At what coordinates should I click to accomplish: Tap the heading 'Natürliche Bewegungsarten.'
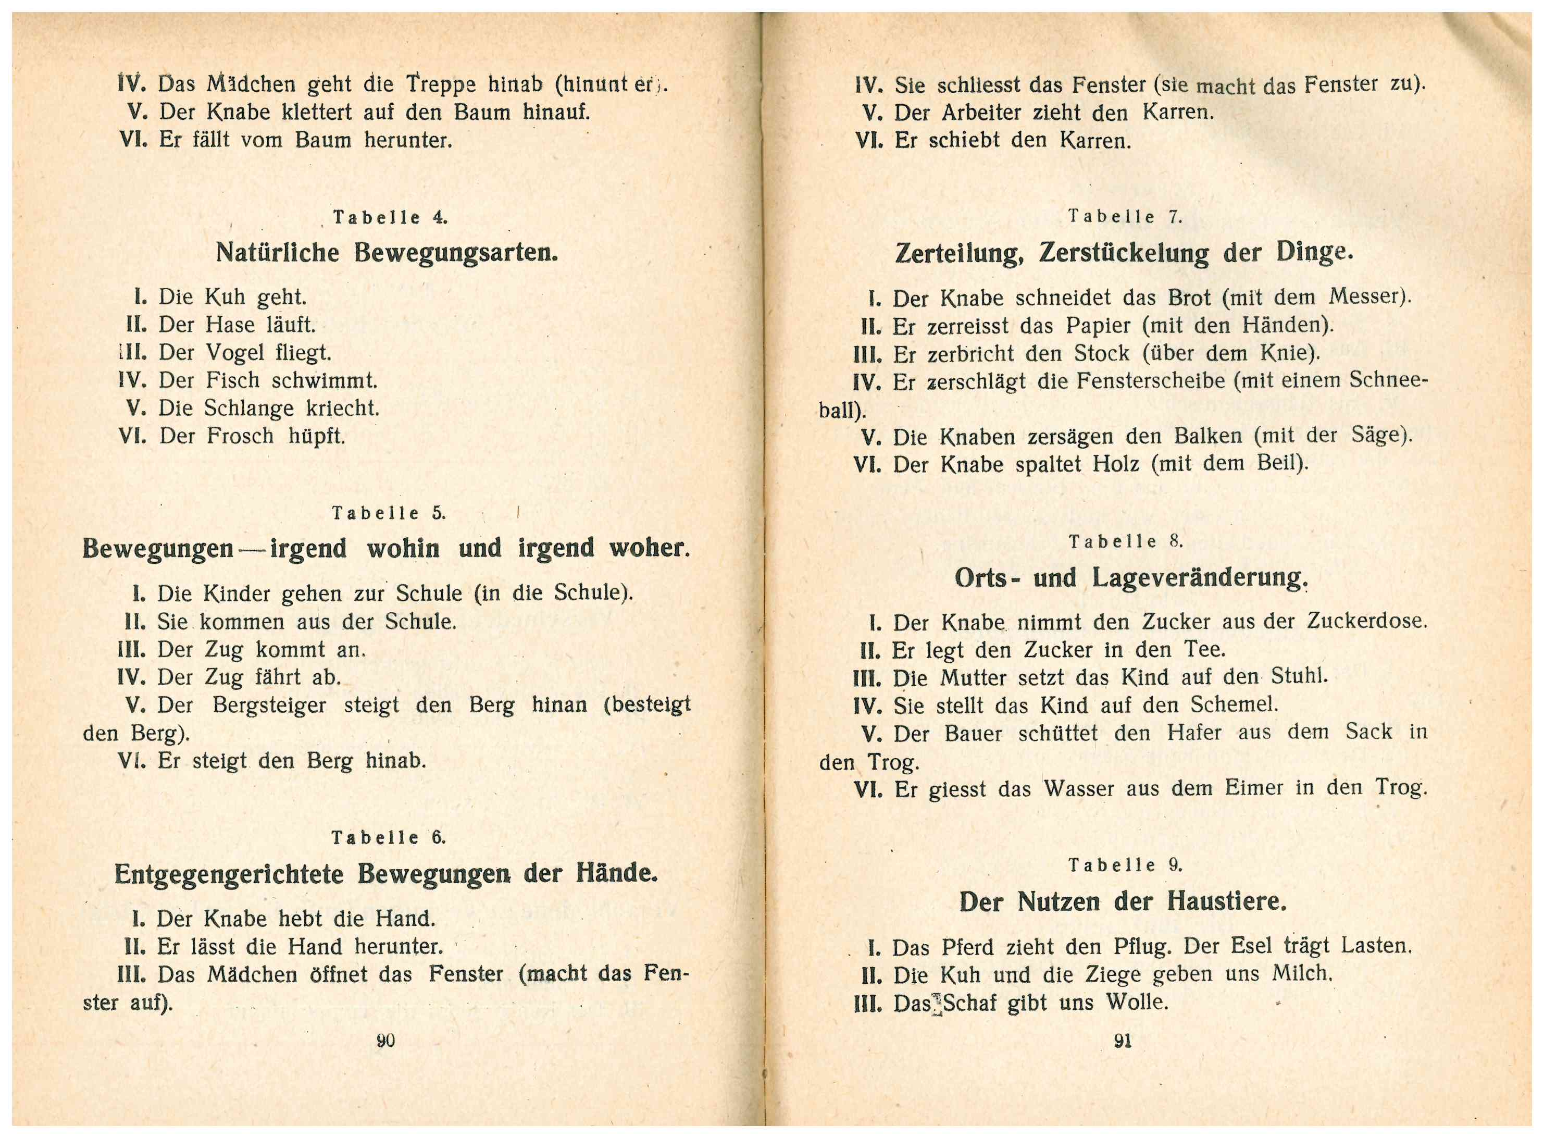[x=387, y=253]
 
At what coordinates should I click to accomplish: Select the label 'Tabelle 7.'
[x=1125, y=217]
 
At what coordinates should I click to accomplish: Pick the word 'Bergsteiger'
[x=269, y=706]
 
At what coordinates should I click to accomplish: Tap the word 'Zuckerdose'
[x=1364, y=621]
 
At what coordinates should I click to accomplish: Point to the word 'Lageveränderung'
[x=1199, y=577]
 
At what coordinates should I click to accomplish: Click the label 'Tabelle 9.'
[x=1125, y=865]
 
